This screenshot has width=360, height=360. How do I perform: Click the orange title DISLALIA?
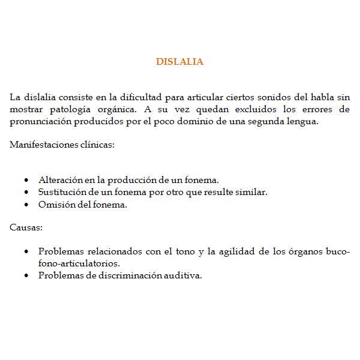[x=179, y=62]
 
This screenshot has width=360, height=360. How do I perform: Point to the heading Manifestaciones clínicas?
[x=62, y=146]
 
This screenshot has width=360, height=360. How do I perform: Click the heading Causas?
[x=26, y=228]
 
